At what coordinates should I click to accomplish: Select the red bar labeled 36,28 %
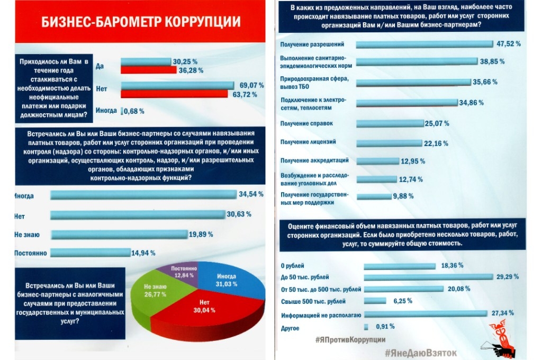click(149, 70)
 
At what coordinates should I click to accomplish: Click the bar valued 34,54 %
click(143, 195)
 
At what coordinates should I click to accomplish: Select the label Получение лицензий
click(306, 142)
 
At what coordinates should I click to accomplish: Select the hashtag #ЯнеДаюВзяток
click(421, 352)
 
